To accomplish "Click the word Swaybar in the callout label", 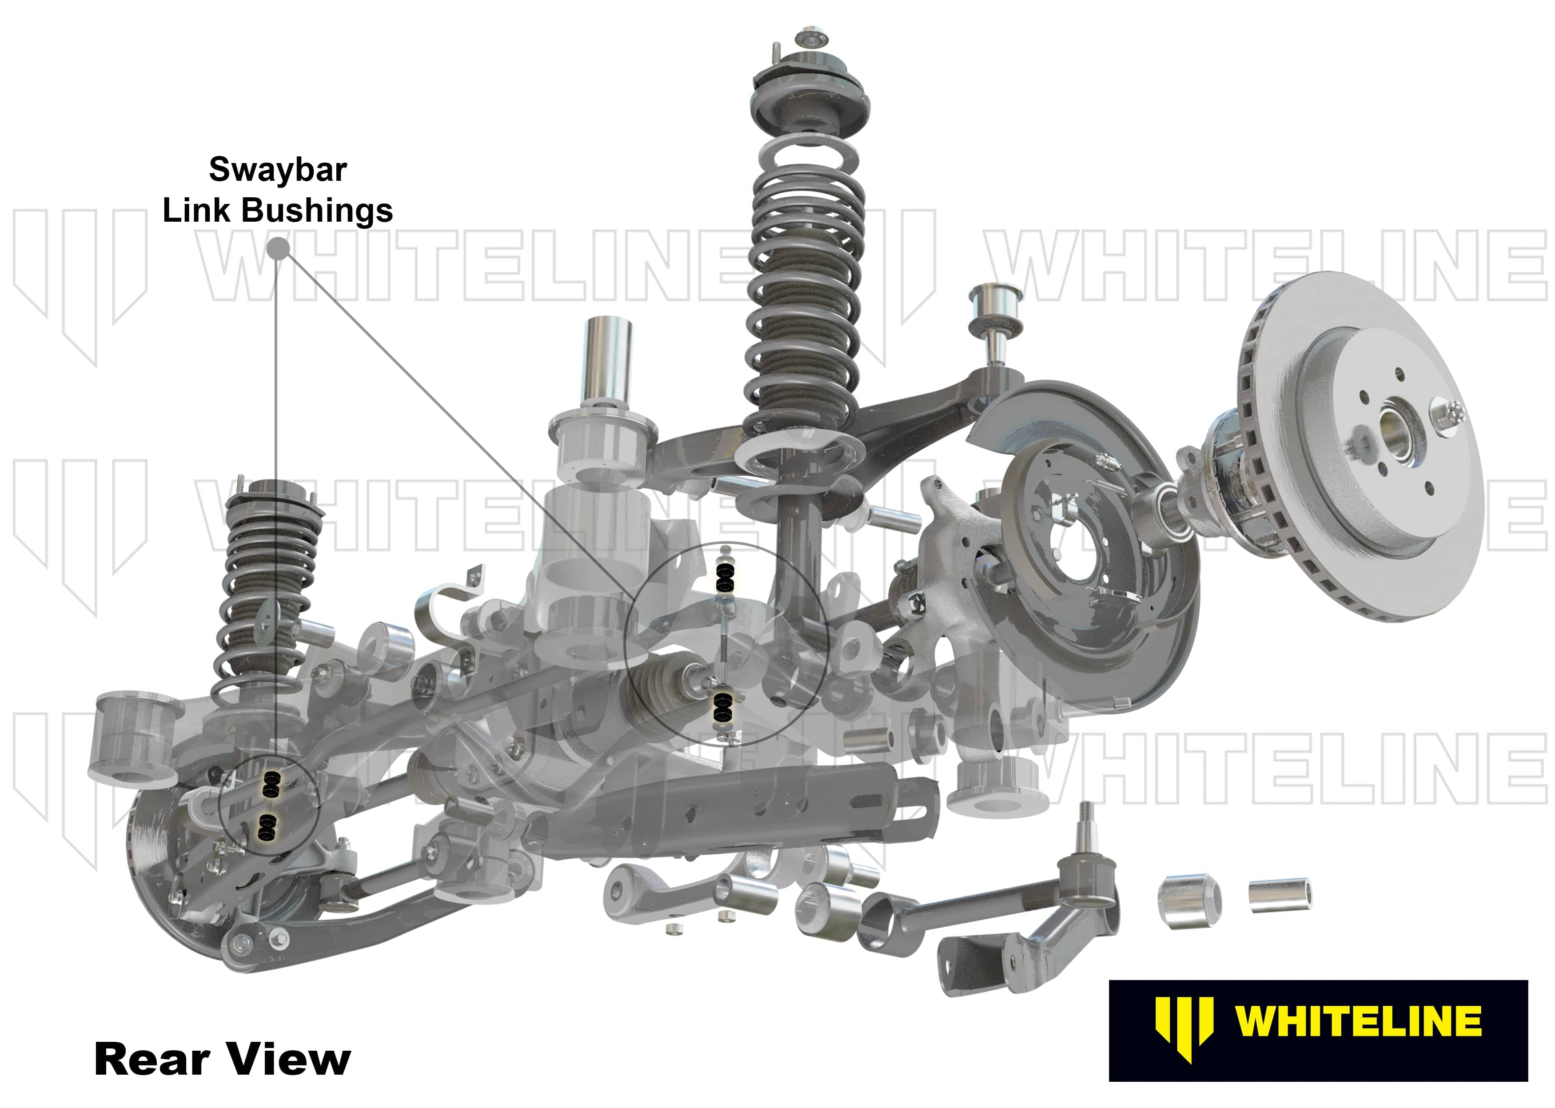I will point(278,170).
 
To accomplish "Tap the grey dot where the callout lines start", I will point(277,248).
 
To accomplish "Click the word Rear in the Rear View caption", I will point(152,1060).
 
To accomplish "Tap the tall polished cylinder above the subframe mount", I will point(607,362).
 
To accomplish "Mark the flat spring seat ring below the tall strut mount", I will point(809,167).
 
